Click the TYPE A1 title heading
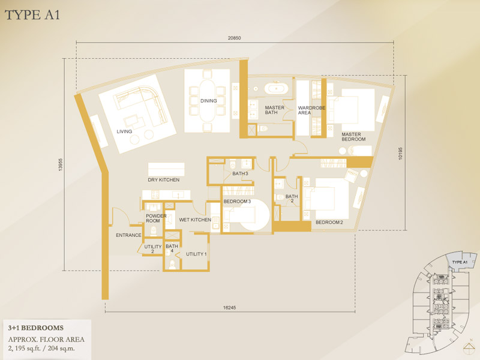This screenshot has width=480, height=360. coord(32,15)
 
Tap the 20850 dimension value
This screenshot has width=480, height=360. coord(234,38)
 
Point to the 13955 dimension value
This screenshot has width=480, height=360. coord(61,164)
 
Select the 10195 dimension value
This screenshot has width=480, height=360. coord(400,154)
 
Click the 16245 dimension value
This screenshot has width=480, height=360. coord(230,308)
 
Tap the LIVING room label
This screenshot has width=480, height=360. coord(124,131)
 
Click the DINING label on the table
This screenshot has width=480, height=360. coord(208,101)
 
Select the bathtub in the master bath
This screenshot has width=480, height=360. coord(276,88)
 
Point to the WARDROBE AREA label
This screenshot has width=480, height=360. coord(311,110)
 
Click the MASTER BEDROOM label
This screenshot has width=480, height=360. coord(353,137)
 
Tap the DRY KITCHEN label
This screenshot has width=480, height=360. coord(163,179)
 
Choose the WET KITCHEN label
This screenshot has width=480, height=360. coord(195,220)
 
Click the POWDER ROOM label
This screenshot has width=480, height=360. coord(156,218)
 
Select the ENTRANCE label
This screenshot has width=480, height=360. coord(128,235)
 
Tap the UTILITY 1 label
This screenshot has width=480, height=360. coord(196,254)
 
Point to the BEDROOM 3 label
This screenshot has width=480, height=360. coord(237,201)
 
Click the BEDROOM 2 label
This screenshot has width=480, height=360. coord(329,222)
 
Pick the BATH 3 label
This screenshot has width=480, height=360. coord(240,173)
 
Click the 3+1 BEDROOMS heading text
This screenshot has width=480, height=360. coord(36,328)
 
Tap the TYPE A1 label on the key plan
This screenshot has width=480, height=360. coord(460,262)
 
